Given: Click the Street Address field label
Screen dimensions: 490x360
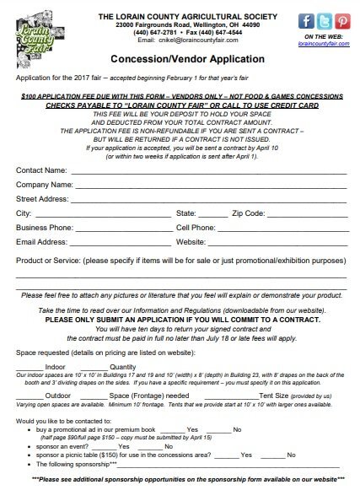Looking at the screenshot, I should pos(42,198).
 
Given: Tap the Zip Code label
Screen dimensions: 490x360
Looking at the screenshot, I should pos(250,213).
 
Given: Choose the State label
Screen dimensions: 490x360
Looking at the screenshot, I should pos(186,213).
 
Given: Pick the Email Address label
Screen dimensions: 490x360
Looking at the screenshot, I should pos(42,242).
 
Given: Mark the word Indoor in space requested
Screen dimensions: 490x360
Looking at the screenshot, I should pos(55,367).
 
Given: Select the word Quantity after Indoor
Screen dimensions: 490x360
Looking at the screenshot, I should pos(123,367).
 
